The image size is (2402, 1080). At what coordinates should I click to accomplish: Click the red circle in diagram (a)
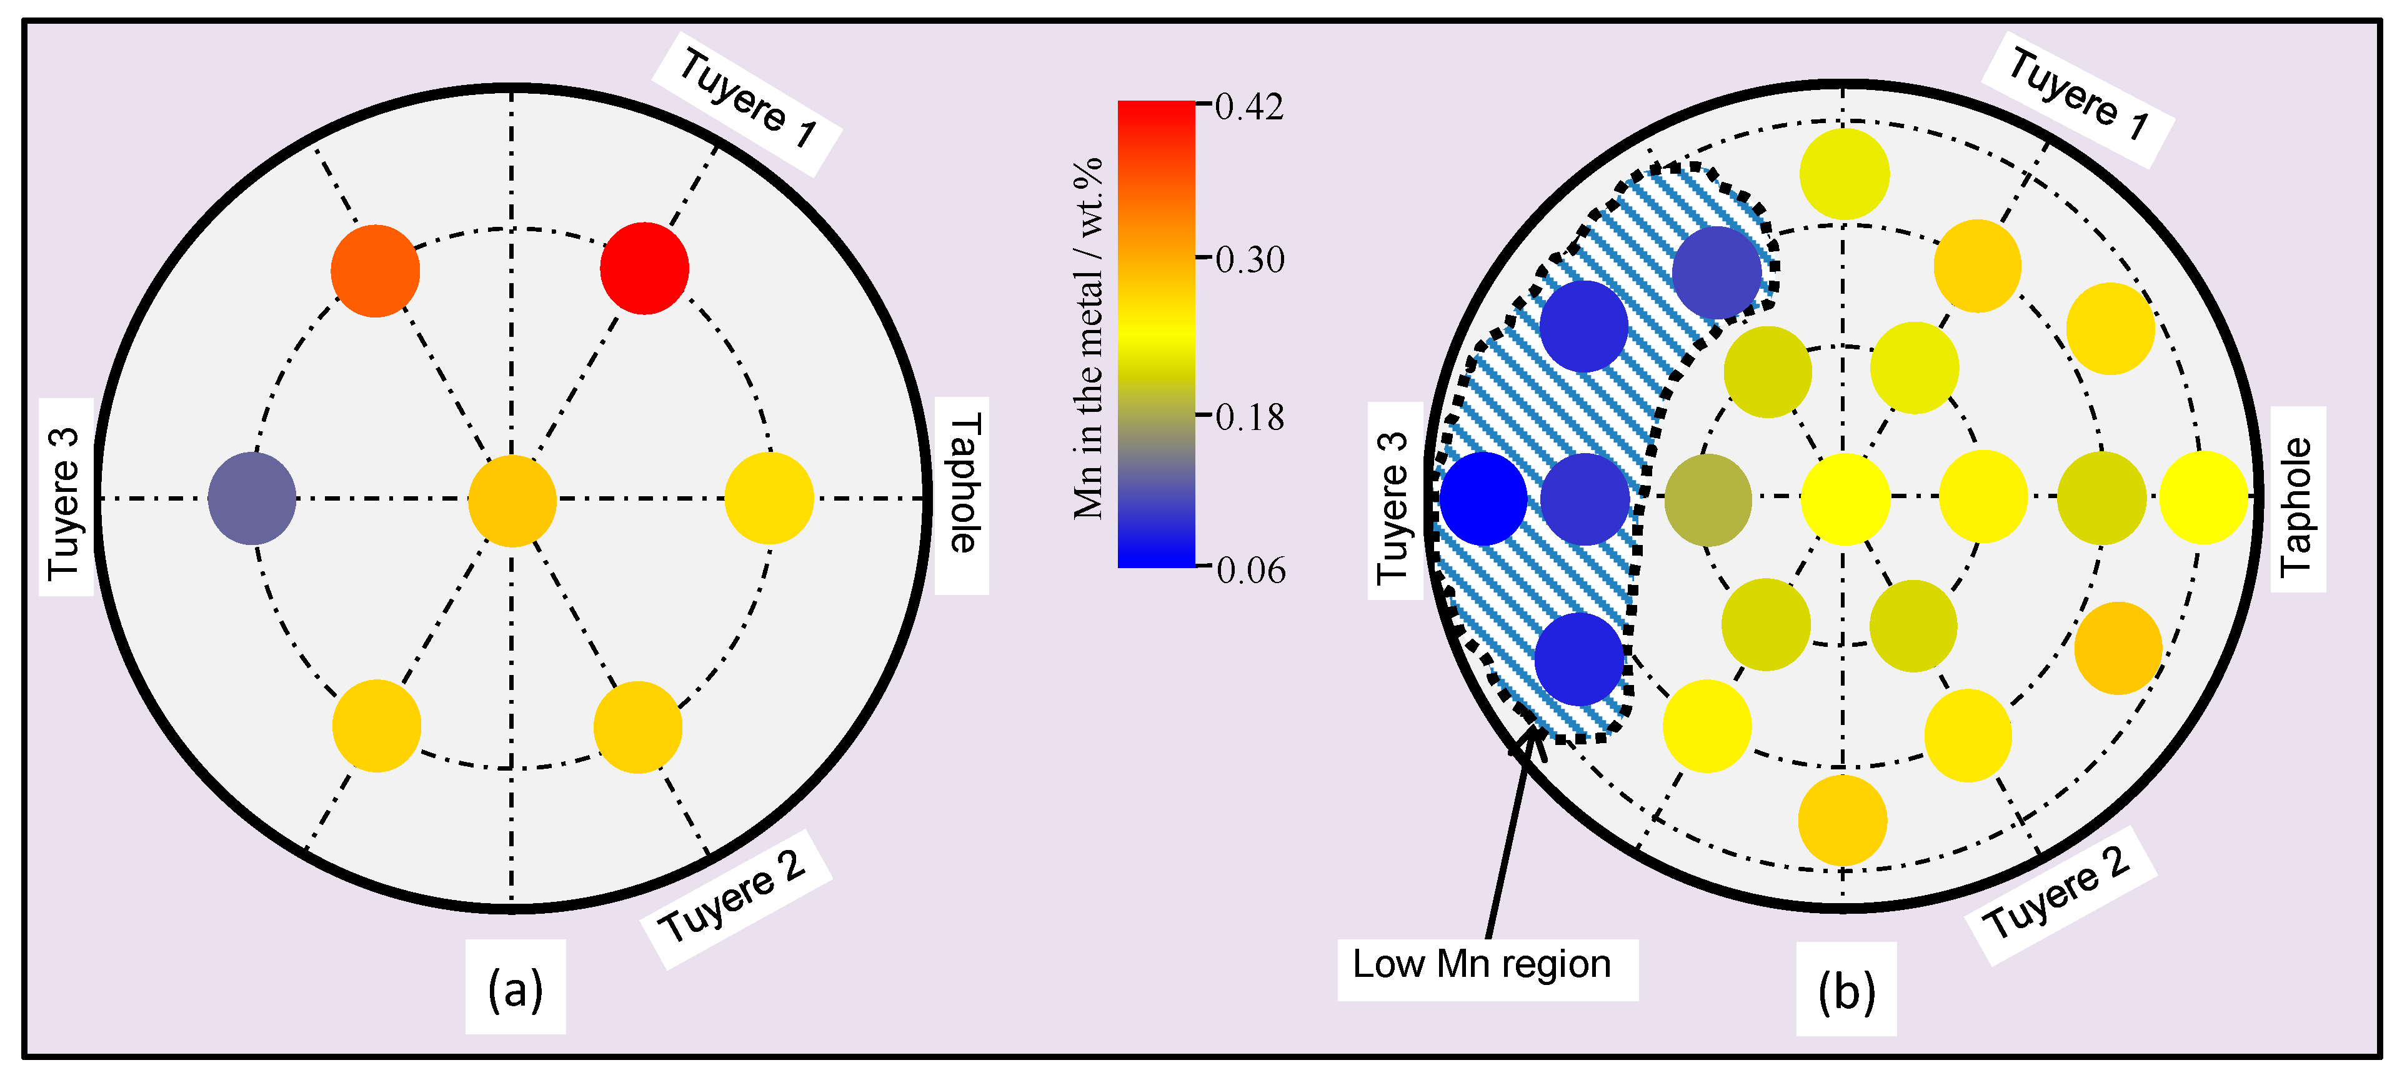tap(644, 269)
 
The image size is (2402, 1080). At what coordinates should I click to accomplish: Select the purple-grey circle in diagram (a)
tap(252, 499)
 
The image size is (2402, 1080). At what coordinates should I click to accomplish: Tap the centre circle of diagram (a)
tap(512, 500)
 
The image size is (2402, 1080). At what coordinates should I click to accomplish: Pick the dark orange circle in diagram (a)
tap(375, 271)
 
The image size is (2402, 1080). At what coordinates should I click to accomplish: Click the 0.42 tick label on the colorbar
tap(1248, 106)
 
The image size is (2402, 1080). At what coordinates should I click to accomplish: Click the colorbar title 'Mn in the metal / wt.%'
tap(1087, 337)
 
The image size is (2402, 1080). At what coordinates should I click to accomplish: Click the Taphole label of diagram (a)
tap(963, 483)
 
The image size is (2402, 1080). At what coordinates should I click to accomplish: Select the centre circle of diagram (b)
tap(1845, 499)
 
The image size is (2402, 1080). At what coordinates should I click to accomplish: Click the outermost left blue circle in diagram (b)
tap(1483, 499)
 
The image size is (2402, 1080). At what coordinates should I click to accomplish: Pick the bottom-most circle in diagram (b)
tap(1843, 821)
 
